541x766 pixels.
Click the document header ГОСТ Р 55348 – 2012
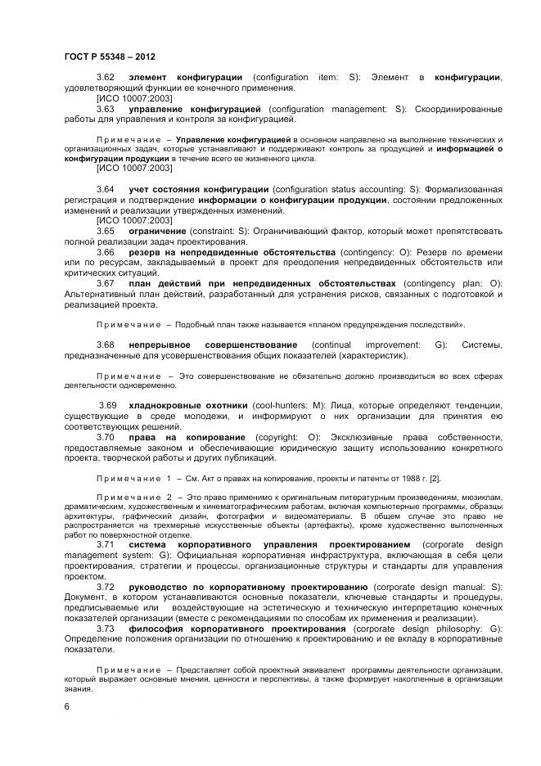[x=109, y=56]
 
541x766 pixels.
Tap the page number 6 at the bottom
[x=66, y=706]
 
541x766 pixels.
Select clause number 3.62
[x=106, y=78]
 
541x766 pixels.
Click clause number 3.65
[x=106, y=232]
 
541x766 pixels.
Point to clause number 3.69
[x=108, y=406]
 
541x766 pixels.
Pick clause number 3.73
[x=106, y=629]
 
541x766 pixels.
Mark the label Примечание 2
[x=134, y=497]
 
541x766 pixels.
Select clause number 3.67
[x=106, y=283]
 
